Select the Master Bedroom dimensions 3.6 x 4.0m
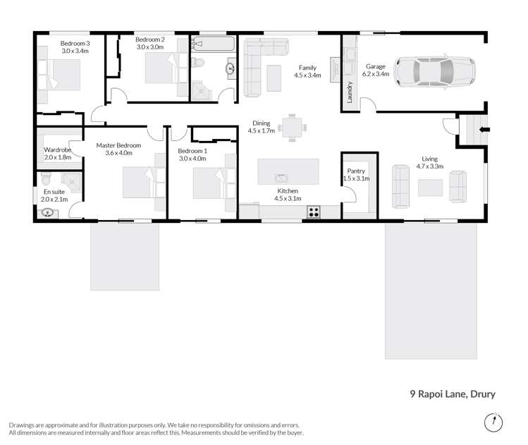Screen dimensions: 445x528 click(x=118, y=153)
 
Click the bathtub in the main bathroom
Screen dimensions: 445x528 click(x=214, y=44)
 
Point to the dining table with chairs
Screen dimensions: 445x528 click(x=291, y=128)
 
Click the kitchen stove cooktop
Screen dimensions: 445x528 click(x=314, y=211)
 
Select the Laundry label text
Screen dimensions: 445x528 click(x=349, y=91)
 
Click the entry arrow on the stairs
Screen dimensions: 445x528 click(x=482, y=130)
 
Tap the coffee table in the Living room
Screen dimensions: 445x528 click(x=430, y=187)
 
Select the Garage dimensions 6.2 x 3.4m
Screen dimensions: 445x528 click(x=374, y=73)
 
